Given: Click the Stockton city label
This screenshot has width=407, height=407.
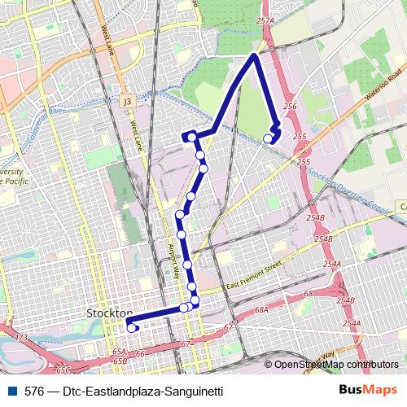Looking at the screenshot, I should (x=109, y=313).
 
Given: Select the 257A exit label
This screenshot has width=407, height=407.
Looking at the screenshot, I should (x=263, y=20).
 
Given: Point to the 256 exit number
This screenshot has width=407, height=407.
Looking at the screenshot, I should (x=289, y=107).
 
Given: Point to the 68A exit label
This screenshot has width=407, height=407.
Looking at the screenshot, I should (x=261, y=310).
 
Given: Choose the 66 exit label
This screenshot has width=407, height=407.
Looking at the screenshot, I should (x=139, y=353).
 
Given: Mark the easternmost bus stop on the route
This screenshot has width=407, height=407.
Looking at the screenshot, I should (x=269, y=138).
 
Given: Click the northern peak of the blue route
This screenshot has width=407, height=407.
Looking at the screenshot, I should (x=256, y=55).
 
